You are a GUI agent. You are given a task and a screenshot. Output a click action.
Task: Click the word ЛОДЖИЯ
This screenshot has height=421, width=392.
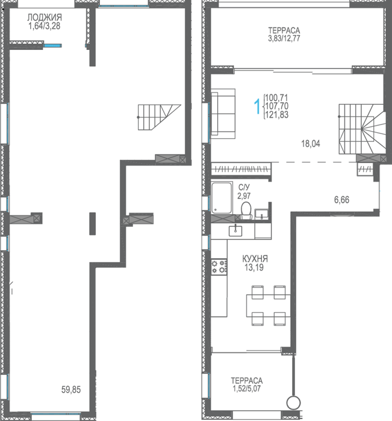[x=45, y=17]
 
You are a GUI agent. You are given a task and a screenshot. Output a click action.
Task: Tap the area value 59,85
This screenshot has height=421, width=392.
[x=71, y=390]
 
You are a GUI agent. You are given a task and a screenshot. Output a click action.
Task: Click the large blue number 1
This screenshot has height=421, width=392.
[x=258, y=106]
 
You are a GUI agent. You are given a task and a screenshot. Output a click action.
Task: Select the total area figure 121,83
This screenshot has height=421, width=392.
[x=277, y=115]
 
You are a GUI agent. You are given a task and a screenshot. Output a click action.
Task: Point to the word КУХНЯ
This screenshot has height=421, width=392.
[x=255, y=259]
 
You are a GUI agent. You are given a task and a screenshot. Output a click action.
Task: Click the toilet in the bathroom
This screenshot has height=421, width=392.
[x=246, y=210]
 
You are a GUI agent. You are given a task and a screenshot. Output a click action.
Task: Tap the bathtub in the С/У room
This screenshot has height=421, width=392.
[x=222, y=198]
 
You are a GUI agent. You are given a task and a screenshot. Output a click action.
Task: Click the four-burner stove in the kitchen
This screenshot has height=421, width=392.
[x=219, y=266]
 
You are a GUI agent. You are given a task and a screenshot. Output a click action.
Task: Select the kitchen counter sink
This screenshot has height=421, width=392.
[x=235, y=230]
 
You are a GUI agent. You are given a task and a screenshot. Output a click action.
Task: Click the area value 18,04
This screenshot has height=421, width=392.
[x=311, y=144]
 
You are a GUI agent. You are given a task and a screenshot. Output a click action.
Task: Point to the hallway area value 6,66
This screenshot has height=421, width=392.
[x=342, y=200]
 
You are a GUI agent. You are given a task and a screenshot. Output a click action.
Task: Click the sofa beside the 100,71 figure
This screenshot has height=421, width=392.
[x=223, y=114]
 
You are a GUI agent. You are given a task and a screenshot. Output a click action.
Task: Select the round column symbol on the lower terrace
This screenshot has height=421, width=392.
[x=293, y=403]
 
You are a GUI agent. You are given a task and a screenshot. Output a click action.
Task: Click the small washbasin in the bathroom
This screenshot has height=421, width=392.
[x=261, y=214]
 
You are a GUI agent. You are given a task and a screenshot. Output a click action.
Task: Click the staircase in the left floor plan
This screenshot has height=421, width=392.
[x=159, y=117]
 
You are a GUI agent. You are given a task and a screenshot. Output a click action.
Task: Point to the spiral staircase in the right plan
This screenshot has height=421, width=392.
[x=362, y=129]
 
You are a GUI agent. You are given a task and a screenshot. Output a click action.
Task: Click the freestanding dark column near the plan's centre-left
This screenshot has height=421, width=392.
[x=93, y=224]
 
